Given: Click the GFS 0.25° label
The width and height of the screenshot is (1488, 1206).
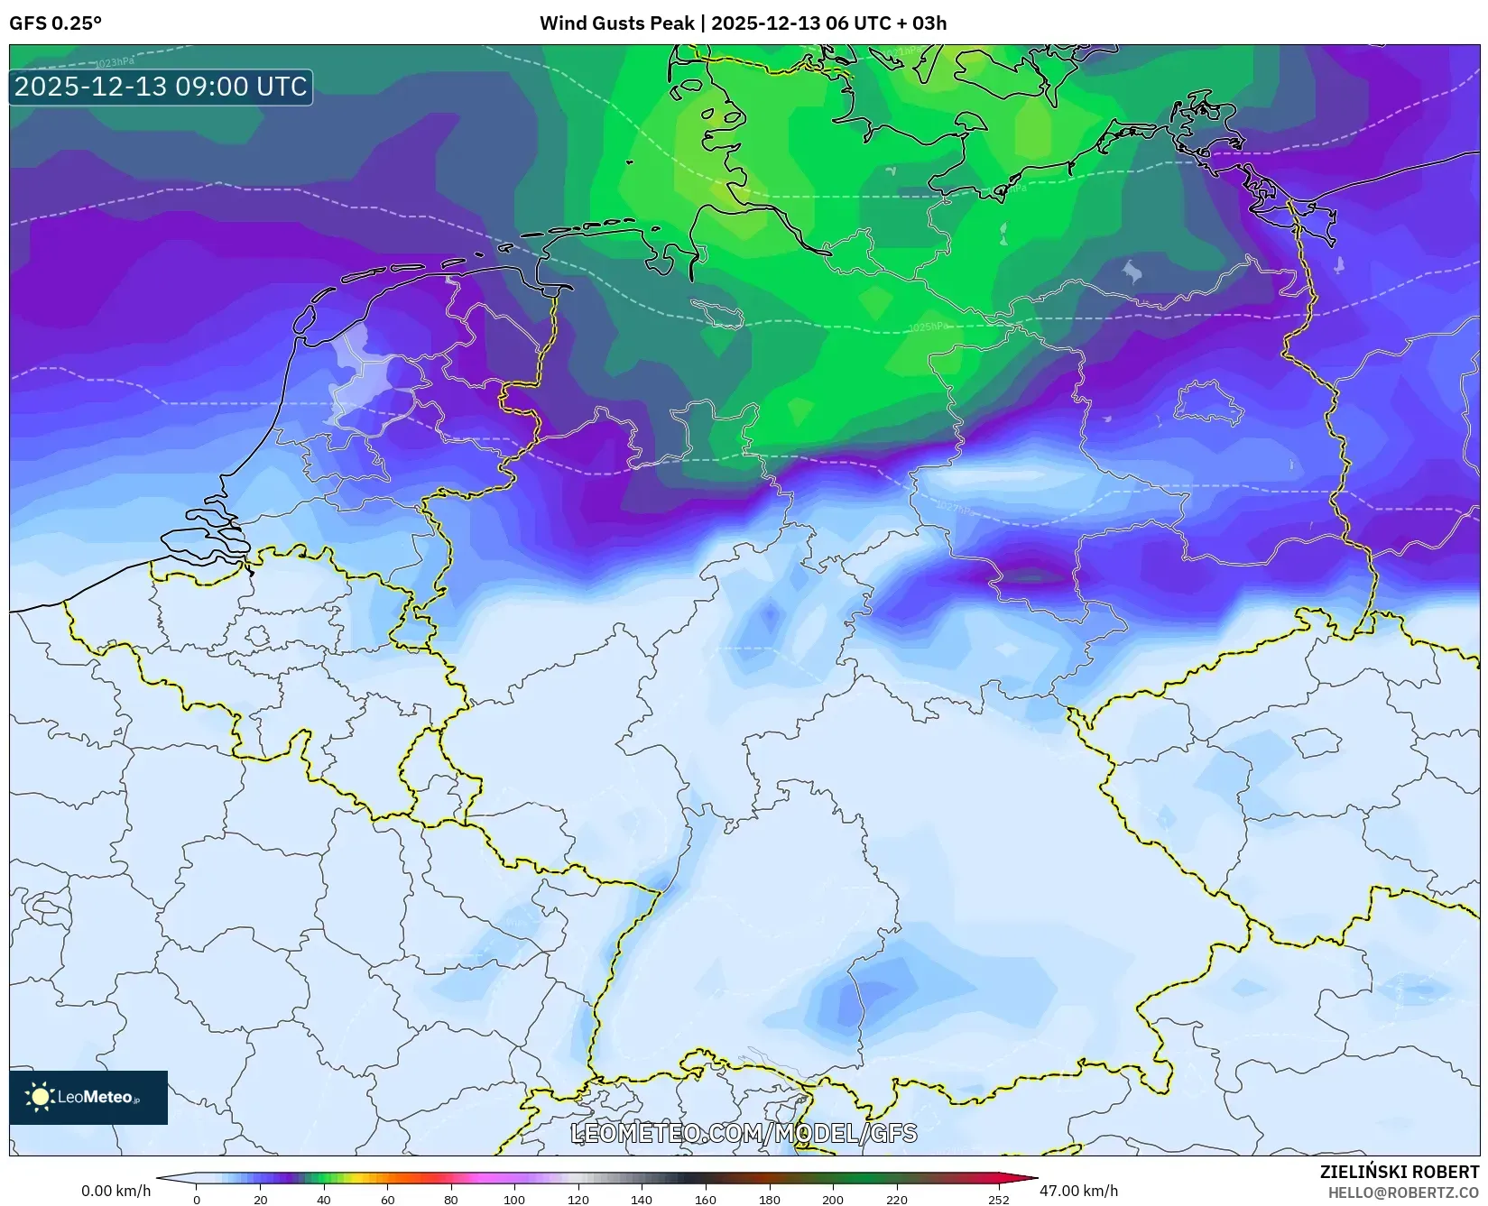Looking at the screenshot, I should tap(55, 23).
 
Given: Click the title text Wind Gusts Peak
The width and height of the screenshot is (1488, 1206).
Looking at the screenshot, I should tap(617, 23).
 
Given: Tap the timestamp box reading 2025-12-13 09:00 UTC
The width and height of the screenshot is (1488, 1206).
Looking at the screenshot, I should tap(161, 87).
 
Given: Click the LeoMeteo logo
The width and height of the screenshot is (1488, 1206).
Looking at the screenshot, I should tap(88, 1097).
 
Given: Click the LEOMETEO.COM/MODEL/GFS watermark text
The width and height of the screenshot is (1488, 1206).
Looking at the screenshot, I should tap(744, 1133).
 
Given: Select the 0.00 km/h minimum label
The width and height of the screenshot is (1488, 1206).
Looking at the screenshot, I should tap(116, 1191).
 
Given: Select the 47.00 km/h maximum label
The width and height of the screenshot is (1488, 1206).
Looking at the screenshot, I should tap(1078, 1191).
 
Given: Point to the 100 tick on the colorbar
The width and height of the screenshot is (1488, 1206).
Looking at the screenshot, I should tap(514, 1200).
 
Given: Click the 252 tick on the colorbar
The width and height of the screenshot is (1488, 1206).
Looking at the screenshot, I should tap(998, 1200).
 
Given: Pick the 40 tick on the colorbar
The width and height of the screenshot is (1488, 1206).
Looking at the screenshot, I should tap(323, 1200).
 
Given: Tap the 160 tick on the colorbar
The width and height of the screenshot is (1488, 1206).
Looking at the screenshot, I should tap(706, 1200).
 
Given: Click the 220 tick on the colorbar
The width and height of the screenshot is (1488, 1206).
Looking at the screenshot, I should tap(896, 1200).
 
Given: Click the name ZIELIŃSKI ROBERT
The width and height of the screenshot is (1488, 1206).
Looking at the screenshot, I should tap(1400, 1172).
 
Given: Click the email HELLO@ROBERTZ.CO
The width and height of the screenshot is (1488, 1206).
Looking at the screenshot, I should tap(1403, 1192).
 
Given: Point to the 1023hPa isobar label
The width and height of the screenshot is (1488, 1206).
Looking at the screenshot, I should tap(115, 62).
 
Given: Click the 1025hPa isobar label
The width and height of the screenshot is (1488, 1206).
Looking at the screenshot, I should tap(928, 327).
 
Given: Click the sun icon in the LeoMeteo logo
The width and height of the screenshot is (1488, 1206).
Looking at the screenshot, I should tap(40, 1097).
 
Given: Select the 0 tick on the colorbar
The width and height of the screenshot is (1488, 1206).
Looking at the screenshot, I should tap(197, 1200).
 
